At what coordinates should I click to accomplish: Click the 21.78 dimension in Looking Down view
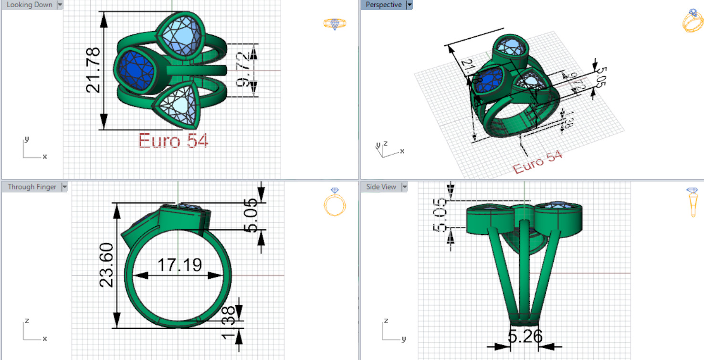[93, 70]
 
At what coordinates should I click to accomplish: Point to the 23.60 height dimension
[106, 265]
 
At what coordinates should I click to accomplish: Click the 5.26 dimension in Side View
[525, 337]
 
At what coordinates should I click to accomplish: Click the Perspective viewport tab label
[383, 5]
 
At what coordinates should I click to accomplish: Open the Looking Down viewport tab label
[29, 5]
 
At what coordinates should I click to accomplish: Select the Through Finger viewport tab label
[32, 187]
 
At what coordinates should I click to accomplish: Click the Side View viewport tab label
[381, 187]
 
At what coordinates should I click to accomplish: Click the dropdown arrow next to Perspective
[409, 5]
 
